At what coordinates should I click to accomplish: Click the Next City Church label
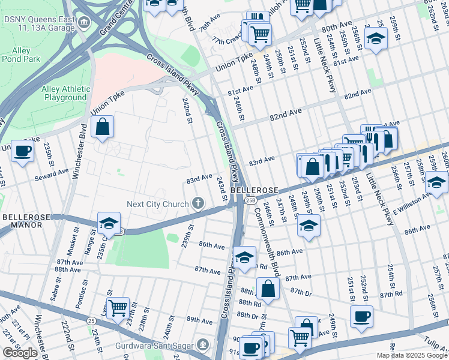click(158, 204)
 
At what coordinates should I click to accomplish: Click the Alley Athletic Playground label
click(64, 93)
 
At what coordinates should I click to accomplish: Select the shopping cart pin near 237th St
click(118, 308)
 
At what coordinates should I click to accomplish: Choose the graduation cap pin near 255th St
click(376, 40)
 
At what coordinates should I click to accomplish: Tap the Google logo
click(20, 353)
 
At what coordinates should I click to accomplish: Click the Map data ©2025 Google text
click(412, 355)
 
